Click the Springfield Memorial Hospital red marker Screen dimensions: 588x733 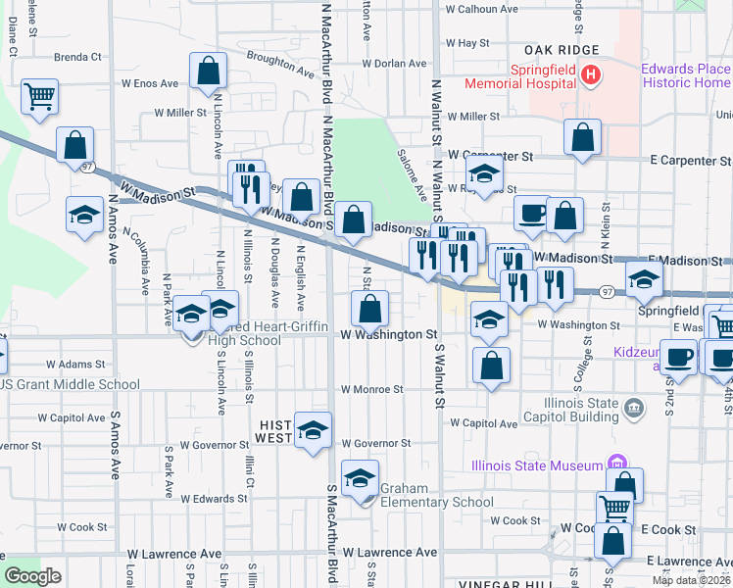[x=590, y=74]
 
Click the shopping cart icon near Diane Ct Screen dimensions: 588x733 [x=40, y=97]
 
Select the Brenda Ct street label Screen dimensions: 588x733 [x=77, y=57]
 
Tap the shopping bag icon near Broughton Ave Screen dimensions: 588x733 [x=208, y=71]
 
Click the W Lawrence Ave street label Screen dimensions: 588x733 [x=389, y=553]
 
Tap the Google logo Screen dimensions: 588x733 [x=32, y=576]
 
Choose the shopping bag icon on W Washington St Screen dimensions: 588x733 [x=369, y=311]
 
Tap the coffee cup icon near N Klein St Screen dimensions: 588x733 [x=532, y=214]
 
